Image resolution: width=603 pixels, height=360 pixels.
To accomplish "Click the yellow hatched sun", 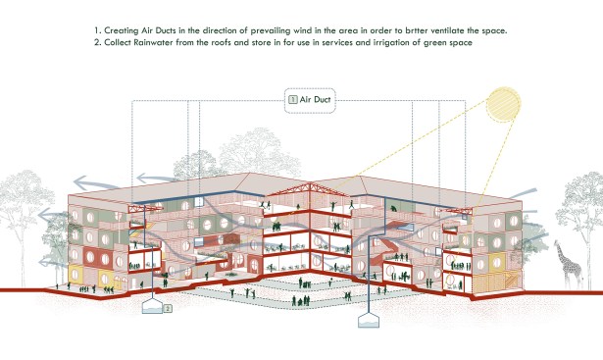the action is (x=503, y=105).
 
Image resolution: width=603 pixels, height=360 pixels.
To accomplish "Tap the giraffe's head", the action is (x=557, y=243).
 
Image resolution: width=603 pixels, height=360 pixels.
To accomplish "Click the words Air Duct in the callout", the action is (x=315, y=100).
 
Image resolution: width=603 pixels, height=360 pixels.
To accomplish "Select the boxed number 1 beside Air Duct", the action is (x=292, y=100).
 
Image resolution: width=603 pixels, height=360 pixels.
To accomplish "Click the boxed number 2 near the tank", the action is (x=168, y=308).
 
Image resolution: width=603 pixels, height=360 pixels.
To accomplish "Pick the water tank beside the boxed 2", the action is (x=152, y=306).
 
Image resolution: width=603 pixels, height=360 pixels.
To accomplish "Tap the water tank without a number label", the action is (x=369, y=320).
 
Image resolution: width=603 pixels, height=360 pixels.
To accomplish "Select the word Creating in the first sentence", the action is (x=122, y=30).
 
